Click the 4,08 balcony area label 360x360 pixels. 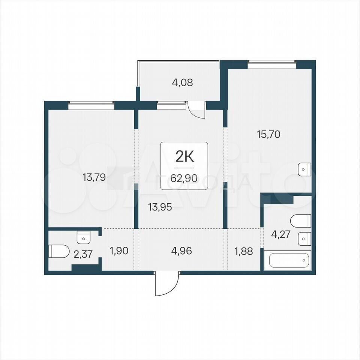tap(182, 82)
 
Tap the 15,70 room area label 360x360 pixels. tap(268, 134)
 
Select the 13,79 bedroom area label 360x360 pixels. tap(94, 177)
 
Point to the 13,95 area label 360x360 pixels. tap(160, 207)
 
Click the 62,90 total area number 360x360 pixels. tap(184, 178)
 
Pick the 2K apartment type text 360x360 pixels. tap(184, 157)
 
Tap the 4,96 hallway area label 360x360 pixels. tap(181, 251)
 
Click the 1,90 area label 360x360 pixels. tap(119, 251)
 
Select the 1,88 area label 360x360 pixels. tap(244, 251)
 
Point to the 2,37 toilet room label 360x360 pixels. tap(83, 254)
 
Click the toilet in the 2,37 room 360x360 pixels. tap(59, 251)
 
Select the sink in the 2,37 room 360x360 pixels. tap(84, 237)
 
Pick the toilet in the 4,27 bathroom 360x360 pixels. tap(301, 221)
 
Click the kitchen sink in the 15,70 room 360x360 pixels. tap(304, 169)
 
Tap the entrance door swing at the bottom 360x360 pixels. tap(167, 284)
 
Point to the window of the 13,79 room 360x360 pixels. tap(91, 106)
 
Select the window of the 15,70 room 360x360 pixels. tap(271, 64)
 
